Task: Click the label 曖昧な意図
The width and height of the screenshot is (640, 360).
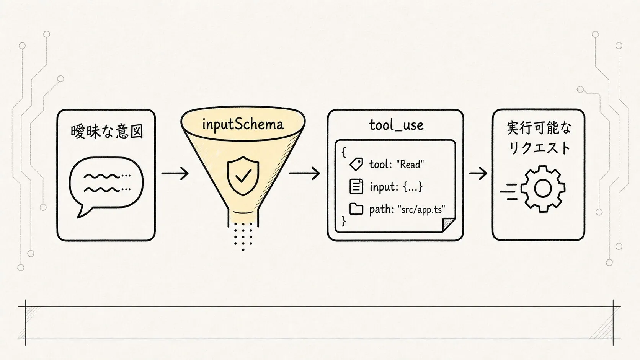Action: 107,132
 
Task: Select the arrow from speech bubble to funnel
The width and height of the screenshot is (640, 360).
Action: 175,173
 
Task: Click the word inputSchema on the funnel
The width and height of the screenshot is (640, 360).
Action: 243,124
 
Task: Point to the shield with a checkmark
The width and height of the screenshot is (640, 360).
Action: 243,176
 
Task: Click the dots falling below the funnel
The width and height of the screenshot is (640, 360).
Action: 243,236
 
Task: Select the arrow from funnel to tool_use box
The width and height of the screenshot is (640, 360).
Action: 305,173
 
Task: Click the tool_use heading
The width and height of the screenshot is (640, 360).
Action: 396,125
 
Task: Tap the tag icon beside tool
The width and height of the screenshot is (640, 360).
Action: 356,164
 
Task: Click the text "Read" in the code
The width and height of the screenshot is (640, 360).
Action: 410,165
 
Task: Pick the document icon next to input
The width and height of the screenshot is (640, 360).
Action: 356,186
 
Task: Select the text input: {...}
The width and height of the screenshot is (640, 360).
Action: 396,187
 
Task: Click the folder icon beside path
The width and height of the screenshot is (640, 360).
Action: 356,209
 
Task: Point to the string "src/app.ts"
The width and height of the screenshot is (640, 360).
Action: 421,210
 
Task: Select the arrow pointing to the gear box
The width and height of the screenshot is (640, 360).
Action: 478,173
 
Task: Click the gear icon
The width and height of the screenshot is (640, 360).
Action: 542,189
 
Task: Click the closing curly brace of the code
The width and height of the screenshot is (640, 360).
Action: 343,221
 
